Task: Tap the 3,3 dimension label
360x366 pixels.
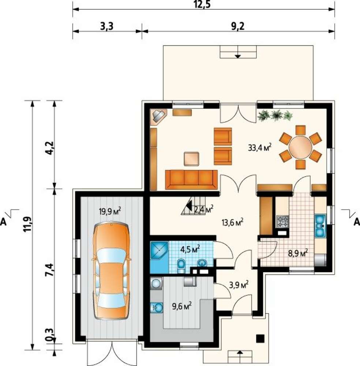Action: pos(107,27)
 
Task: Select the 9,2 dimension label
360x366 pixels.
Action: pos(238,27)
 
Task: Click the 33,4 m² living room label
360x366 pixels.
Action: pos(260,147)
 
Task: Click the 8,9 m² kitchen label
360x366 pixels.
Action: pos(298,253)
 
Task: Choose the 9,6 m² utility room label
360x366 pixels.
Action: pos(182,306)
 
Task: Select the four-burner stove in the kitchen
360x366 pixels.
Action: pos(282,221)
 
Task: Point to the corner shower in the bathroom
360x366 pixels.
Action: pos(159,251)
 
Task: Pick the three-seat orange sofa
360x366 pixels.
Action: pos(191,179)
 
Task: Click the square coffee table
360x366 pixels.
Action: pos(192,159)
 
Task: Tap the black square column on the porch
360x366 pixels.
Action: pos(260,339)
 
